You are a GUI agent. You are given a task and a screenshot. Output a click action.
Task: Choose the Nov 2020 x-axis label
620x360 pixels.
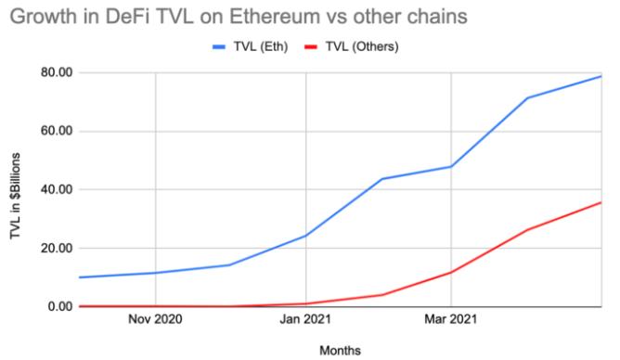[x=155, y=321]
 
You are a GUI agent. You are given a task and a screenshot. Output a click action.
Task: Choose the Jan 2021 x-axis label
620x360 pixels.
[x=304, y=321]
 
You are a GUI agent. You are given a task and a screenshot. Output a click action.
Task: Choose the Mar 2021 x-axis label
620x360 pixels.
[x=451, y=321]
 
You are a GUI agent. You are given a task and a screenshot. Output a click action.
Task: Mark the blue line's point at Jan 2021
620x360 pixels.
[x=304, y=236]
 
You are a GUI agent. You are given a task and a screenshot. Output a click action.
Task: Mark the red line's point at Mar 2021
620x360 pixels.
[x=451, y=272]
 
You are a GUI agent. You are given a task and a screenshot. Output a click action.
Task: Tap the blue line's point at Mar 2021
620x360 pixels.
[x=451, y=166]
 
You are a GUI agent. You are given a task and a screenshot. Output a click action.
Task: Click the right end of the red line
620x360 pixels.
[x=601, y=202]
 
